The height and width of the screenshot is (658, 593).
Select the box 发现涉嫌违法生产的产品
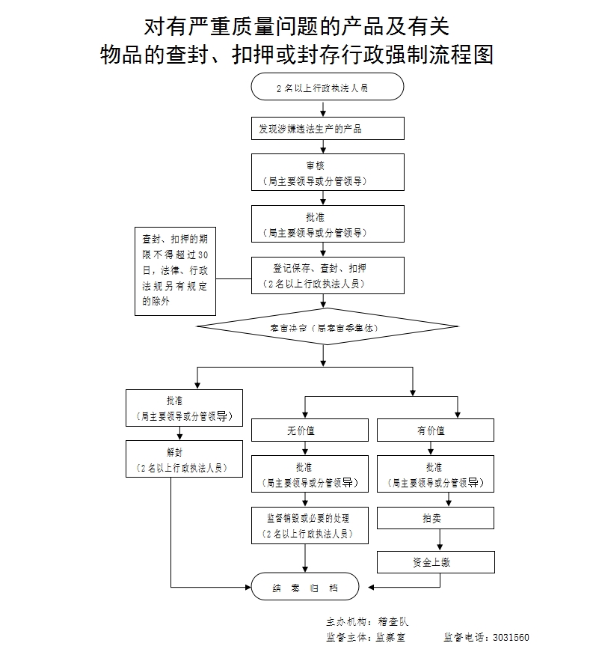point(328,129)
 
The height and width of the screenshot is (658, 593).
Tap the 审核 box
point(328,172)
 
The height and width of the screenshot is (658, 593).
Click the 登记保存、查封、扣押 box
point(328,275)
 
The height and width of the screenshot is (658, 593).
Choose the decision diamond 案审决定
point(327,327)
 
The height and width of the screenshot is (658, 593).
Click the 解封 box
point(185,459)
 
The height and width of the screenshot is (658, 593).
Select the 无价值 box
point(310,430)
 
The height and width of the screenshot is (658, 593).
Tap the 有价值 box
point(435,430)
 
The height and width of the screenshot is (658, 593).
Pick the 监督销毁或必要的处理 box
point(310,524)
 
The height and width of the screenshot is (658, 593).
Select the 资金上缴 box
point(435,562)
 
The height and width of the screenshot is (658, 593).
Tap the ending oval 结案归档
point(305,588)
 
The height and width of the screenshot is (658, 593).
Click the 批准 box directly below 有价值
point(435,474)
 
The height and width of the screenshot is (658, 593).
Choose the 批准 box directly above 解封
point(185,408)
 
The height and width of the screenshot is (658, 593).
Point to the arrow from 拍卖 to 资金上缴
point(440,540)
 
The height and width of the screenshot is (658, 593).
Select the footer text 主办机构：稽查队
point(367,621)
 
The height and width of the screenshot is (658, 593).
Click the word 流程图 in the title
point(464,55)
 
